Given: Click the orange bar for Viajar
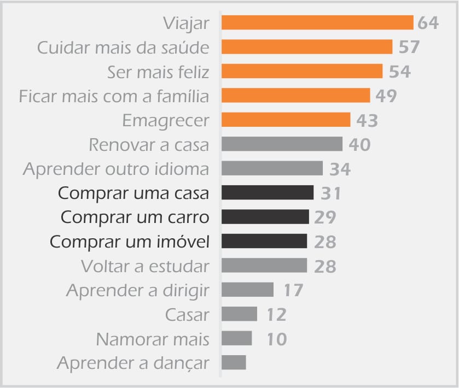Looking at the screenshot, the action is click(317, 22).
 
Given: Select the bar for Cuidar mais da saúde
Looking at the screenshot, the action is click(307, 47).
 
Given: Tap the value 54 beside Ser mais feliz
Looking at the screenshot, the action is click(399, 72).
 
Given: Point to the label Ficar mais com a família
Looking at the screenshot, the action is click(114, 96).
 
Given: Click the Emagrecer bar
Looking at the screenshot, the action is click(286, 120).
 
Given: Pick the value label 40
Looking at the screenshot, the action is click(359, 144).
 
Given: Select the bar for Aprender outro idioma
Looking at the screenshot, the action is click(272, 168).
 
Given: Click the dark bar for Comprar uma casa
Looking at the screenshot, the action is click(268, 192).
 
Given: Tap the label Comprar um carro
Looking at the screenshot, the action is click(135, 218).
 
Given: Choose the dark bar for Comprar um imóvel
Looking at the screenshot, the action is click(264, 241).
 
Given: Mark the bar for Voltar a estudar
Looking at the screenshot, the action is click(264, 266).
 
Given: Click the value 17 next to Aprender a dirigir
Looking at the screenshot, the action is click(293, 290).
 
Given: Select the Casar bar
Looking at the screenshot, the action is click(240, 314).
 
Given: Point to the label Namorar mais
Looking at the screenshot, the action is click(153, 339).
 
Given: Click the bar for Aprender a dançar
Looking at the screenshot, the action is click(234, 362).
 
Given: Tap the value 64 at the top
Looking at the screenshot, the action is click(428, 23).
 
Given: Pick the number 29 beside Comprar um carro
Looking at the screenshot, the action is click(325, 217).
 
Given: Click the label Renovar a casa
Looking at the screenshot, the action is click(149, 145).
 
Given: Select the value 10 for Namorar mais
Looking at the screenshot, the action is click(277, 339).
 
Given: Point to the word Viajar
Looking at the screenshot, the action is click(186, 23).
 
